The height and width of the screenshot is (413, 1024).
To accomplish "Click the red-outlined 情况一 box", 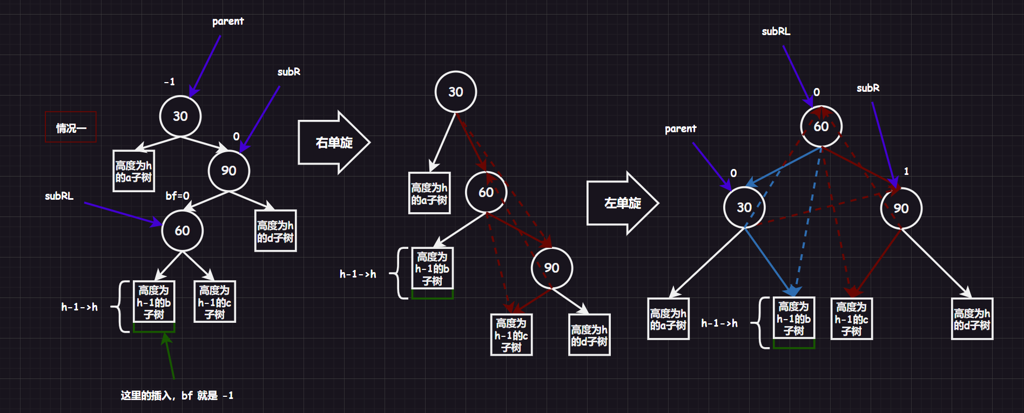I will pos(71,127).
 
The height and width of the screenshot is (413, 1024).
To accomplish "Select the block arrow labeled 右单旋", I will pos(333,143).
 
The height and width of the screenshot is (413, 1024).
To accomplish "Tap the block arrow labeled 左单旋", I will pos(622,203).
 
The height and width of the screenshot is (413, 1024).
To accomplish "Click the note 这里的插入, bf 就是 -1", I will pos(177,396).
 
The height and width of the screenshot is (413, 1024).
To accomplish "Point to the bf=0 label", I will pos(177,196).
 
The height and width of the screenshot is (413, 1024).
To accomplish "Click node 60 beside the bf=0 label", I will pos(182,231).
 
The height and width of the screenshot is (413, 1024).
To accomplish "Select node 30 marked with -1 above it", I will pos(180,116).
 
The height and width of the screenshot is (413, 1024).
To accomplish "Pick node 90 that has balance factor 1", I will pos(901,208).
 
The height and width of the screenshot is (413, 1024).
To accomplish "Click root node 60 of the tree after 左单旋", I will pos(821,126).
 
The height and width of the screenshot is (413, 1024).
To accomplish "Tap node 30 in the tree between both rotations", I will pos(456,92).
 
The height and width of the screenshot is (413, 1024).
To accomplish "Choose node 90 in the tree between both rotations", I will pos(551,268).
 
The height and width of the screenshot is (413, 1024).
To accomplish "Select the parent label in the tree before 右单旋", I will pos(228,22).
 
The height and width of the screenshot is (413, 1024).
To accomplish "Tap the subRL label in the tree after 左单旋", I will pos(776,32).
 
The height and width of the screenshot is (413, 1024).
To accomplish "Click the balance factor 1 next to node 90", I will pos(906,171).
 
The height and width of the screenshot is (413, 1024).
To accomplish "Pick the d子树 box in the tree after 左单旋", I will pos(972,319).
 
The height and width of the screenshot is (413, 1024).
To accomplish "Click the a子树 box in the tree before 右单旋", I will pos(134,171).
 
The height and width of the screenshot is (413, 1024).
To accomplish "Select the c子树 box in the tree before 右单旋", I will pos(214,302).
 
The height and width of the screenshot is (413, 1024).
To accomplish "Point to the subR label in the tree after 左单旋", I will pos(868,88).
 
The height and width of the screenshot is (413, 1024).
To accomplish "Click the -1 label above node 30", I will pos(170,82).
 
